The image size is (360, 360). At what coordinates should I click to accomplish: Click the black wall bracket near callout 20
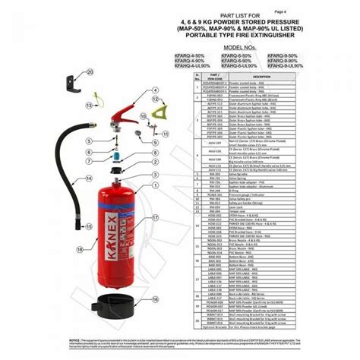74,79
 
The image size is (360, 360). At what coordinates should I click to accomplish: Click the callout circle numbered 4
155,90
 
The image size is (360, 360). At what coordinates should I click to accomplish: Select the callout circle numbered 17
155,217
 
